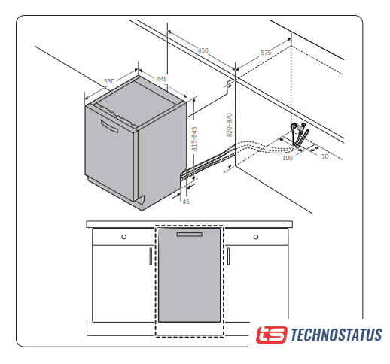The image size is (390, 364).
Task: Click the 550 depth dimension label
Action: click(109, 81)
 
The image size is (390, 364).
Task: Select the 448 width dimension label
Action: click(162, 79)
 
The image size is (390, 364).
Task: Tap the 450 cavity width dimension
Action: click(203, 50)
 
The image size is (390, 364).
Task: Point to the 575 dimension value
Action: click(266, 53)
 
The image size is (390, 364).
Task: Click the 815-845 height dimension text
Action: click(194, 139)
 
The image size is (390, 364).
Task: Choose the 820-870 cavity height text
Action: click(230, 125)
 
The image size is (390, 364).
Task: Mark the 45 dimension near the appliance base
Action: click(186, 202)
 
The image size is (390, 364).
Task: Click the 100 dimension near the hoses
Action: click(288, 158)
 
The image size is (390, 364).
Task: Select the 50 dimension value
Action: click(325, 156)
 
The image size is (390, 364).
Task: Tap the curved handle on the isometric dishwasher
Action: click(109, 126)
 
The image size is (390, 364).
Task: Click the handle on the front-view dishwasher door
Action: click(190, 235)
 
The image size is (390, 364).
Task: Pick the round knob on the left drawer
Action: click(123, 237)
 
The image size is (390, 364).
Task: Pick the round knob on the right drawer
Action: click(256, 237)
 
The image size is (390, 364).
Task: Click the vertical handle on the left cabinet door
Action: click(151, 256)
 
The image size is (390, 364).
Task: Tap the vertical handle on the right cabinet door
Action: click(228, 256)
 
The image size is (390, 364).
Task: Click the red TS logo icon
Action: click(271, 335)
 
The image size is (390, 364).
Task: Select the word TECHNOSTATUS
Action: click(337, 335)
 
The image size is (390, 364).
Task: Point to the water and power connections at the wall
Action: click(300, 135)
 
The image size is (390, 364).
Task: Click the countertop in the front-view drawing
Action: click(190, 224)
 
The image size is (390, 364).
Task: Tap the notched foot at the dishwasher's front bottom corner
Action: click(140, 202)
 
